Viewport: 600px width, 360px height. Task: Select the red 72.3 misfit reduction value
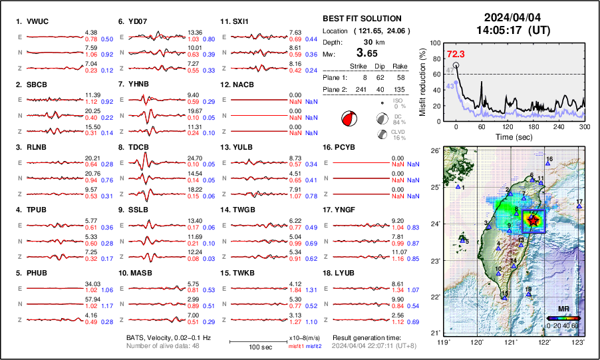coord(456,53)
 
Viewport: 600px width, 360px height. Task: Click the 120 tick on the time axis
coord(508,126)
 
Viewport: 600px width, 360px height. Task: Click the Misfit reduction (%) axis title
coord(423,82)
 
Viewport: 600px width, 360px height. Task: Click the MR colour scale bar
coord(563,318)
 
